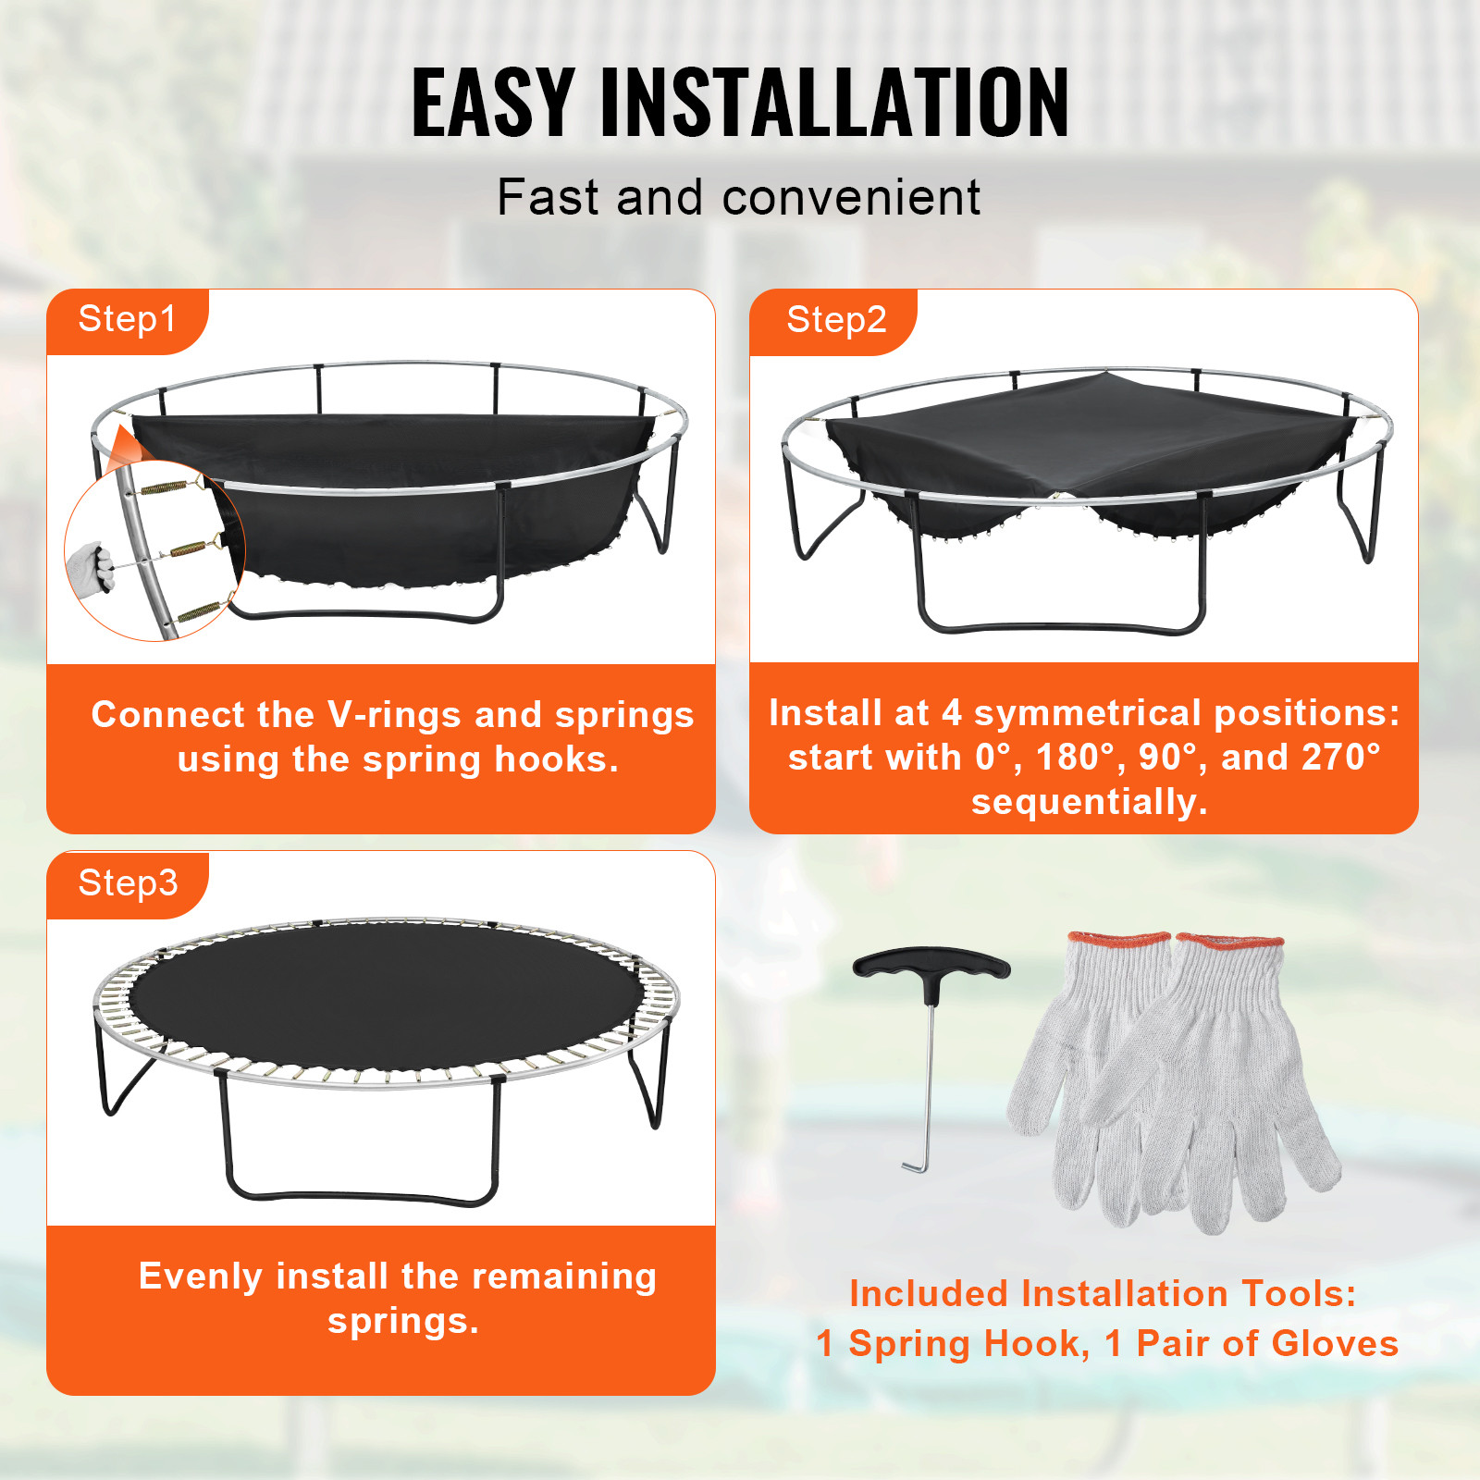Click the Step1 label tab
pos(127,320)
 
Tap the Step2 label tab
pos(835,320)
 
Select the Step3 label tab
pos(128,883)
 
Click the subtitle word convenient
pos(851,198)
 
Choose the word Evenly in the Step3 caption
pos(201,1276)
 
